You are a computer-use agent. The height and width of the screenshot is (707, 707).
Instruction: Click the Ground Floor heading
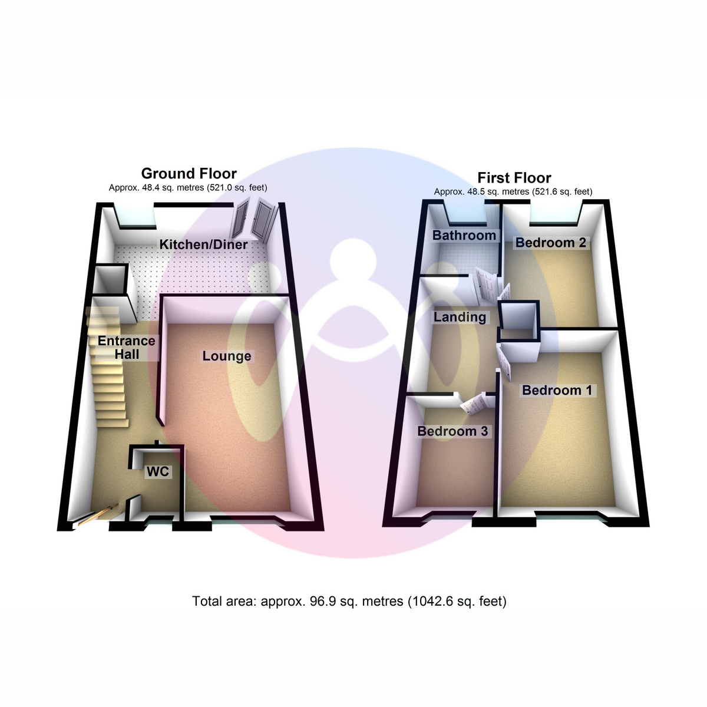click(189, 174)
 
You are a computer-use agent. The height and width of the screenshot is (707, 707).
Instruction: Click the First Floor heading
click(514, 178)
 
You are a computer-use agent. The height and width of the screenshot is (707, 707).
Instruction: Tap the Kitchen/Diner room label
click(203, 245)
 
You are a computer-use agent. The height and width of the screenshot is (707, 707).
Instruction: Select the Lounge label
click(227, 356)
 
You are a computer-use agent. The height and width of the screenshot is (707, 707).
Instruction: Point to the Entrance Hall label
click(127, 348)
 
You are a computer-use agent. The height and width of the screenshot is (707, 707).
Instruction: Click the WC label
click(158, 471)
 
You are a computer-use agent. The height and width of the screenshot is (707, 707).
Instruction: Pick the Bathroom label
click(464, 235)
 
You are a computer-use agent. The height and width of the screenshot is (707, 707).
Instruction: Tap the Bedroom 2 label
click(550, 243)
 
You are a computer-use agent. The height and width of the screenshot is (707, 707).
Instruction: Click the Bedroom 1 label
click(557, 390)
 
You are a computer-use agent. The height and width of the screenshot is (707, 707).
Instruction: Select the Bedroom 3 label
click(452, 431)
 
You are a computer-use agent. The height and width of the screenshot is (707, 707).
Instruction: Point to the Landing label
click(460, 317)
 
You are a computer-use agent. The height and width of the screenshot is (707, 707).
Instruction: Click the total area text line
click(349, 601)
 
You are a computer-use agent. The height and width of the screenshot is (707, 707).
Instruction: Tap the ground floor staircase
click(107, 367)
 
